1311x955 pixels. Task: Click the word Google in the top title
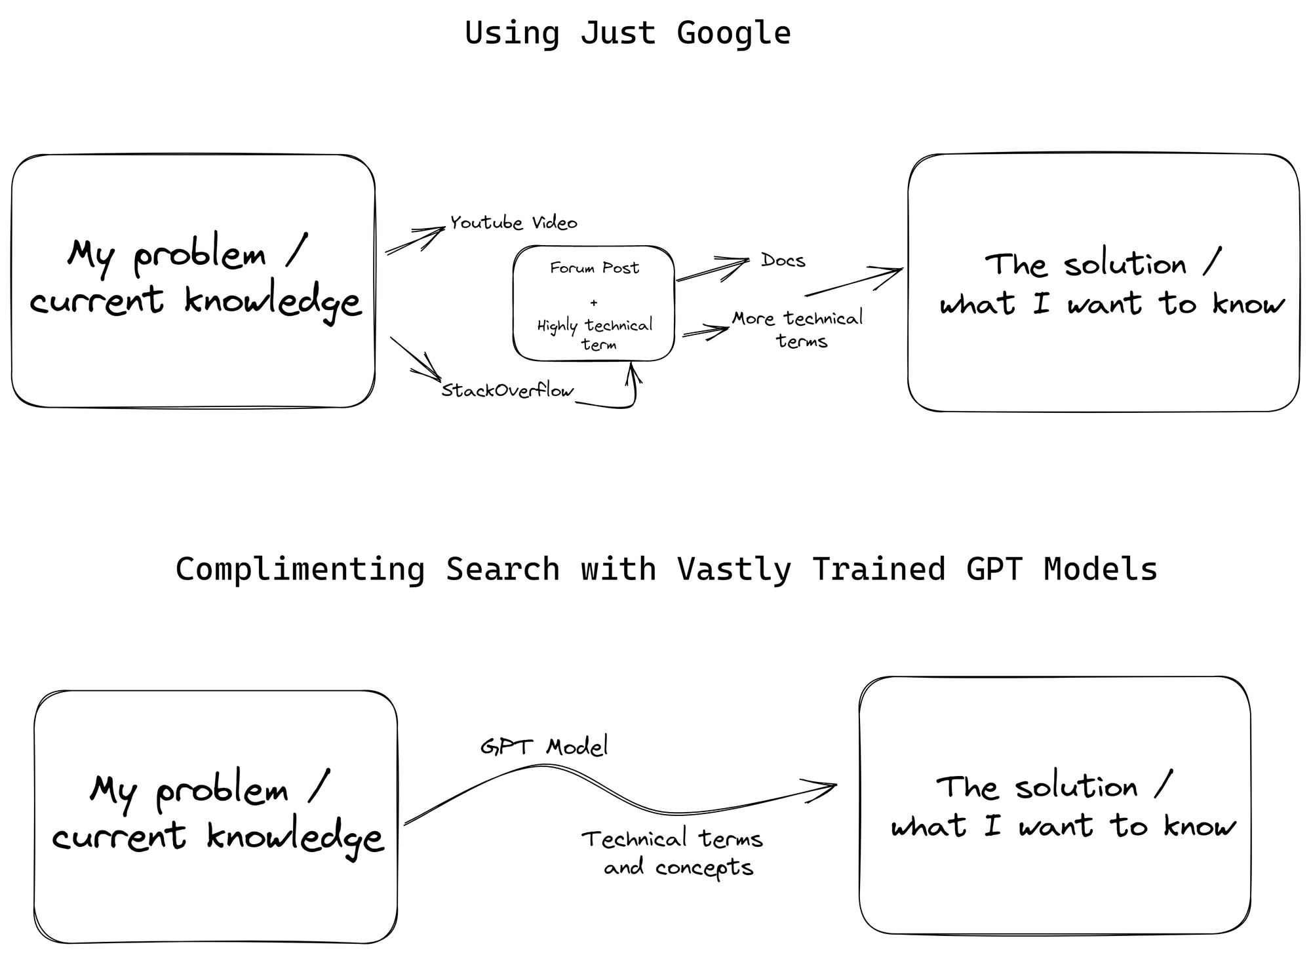click(734, 33)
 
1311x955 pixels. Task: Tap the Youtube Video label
click(513, 223)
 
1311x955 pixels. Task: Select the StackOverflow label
click(507, 391)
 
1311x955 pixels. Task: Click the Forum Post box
click(594, 303)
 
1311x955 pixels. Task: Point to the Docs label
click(783, 260)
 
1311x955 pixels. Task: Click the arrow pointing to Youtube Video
click(415, 240)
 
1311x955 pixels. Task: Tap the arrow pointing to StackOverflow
click(416, 359)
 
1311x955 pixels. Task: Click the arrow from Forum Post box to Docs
click(712, 269)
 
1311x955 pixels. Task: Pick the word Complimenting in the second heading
click(300, 569)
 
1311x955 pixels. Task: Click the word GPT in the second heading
click(994, 569)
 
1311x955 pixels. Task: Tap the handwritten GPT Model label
click(544, 747)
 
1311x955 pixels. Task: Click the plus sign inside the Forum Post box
click(594, 303)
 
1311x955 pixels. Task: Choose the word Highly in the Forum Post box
click(557, 326)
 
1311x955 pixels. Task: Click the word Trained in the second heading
click(878, 569)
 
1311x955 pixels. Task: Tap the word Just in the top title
click(618, 33)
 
